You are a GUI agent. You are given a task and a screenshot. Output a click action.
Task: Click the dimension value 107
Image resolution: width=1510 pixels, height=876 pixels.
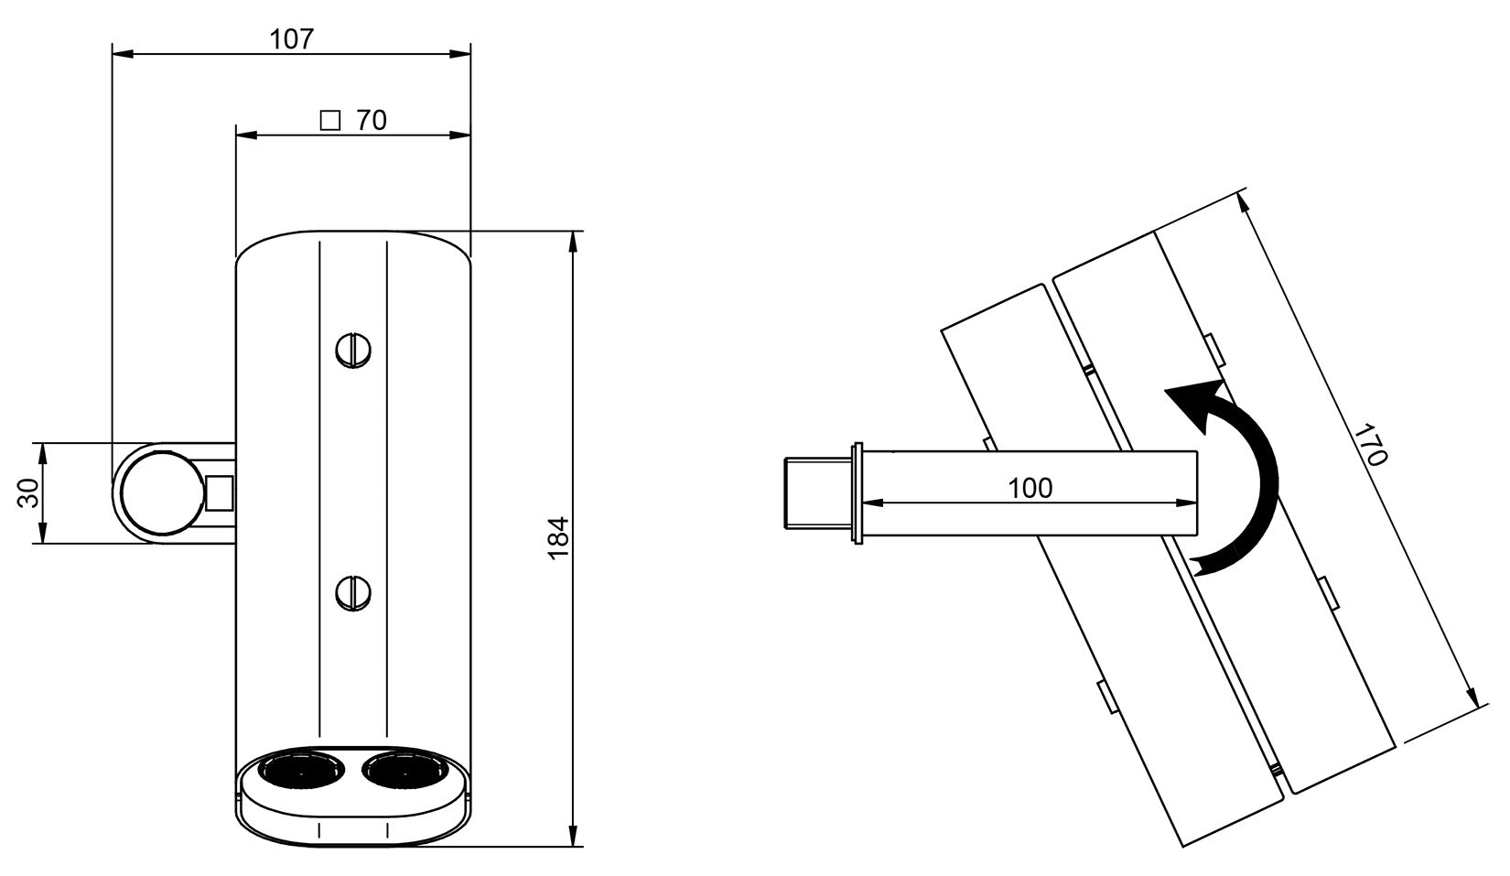pyautogui.click(x=292, y=39)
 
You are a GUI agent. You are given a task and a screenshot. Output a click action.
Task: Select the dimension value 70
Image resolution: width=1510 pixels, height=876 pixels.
pyautogui.click(x=372, y=121)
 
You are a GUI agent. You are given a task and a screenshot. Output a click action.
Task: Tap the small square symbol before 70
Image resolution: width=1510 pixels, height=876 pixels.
pyautogui.click(x=330, y=121)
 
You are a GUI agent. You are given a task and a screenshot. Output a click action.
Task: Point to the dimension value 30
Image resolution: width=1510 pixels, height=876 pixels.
pyautogui.click(x=28, y=493)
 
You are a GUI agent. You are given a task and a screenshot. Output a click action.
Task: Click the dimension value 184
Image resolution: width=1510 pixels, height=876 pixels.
pyautogui.click(x=559, y=538)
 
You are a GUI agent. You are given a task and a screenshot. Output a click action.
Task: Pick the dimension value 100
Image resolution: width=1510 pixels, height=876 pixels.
pyautogui.click(x=1030, y=488)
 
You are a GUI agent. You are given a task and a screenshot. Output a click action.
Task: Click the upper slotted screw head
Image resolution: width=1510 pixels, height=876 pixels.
pyautogui.click(x=353, y=350)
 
